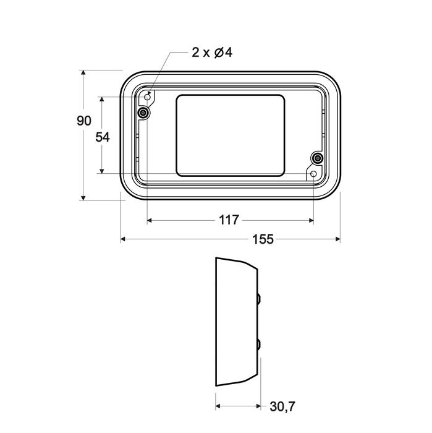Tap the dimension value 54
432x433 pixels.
pyautogui.click(x=103, y=137)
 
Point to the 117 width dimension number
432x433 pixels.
pyautogui.click(x=229, y=220)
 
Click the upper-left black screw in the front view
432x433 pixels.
pyautogui.click(x=143, y=113)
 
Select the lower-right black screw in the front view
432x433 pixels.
pyautogui.click(x=317, y=158)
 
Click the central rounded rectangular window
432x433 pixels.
pyautogui.click(x=231, y=134)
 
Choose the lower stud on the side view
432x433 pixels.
pyautogui.click(x=258, y=344)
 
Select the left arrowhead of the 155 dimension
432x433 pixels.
pyautogui.click(x=124, y=239)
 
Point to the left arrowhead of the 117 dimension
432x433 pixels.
pyautogui.click(x=151, y=220)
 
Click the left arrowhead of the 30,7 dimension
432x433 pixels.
pyautogui.click(x=218, y=406)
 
